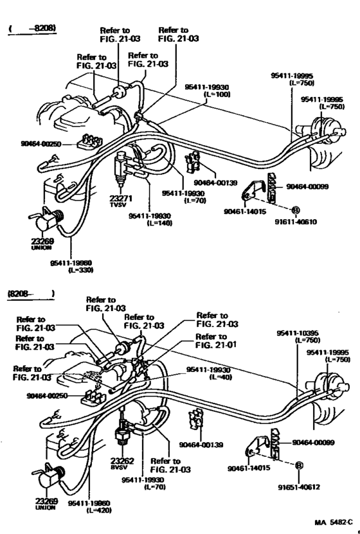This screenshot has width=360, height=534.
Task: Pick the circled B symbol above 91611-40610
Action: point(296,210)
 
